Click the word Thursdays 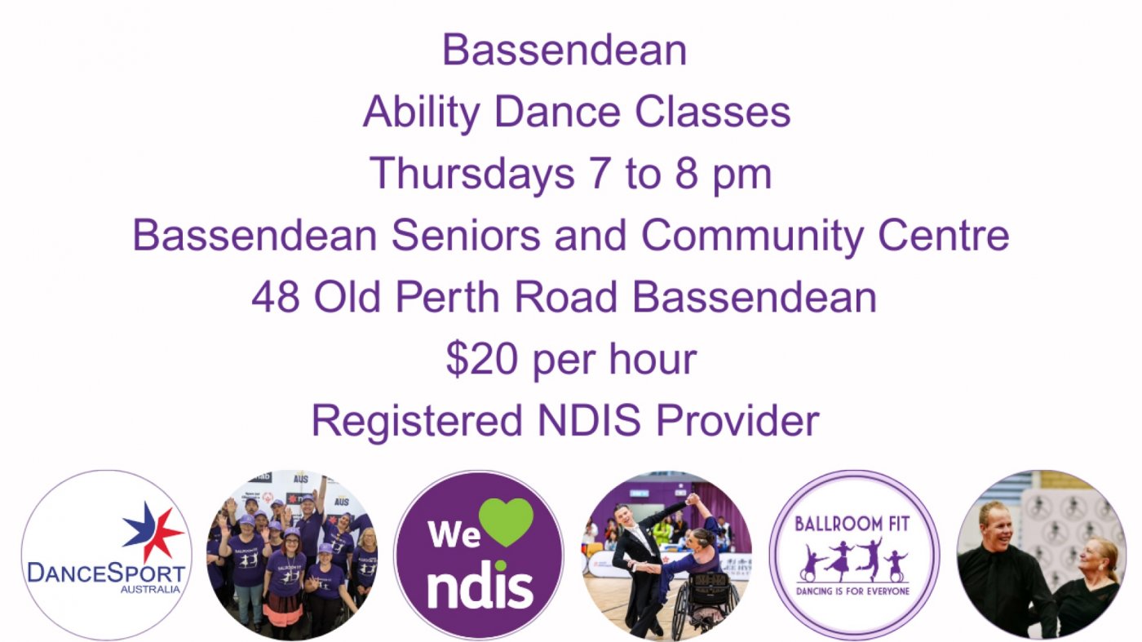coord(471,174)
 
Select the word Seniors coord(466,235)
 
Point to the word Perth coord(447,297)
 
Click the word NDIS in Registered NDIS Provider coord(589,420)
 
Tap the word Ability coord(421,113)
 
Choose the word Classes coord(712,112)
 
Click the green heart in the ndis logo coord(506,521)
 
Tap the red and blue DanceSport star coord(153,531)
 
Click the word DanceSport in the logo coord(106,573)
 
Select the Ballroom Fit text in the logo coord(852,524)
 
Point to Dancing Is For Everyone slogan coord(853,591)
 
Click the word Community coord(752,236)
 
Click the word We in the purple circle coord(454,534)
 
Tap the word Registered coord(418,421)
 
